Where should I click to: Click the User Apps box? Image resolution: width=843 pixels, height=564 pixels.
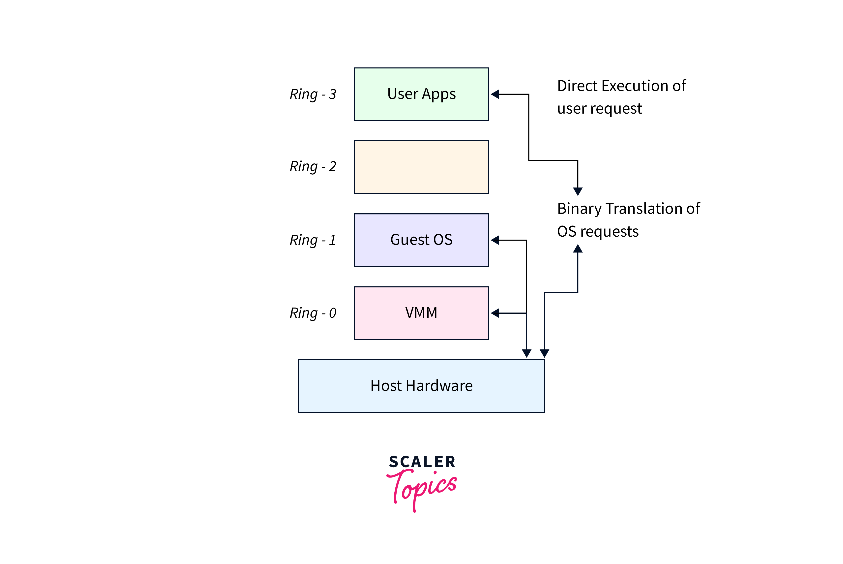(421, 94)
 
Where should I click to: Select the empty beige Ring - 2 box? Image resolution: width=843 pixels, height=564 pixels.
(421, 167)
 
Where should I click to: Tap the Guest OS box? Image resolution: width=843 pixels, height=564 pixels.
(421, 240)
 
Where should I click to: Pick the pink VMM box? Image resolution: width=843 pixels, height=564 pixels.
(421, 313)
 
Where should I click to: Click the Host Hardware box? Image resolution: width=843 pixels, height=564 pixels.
(421, 386)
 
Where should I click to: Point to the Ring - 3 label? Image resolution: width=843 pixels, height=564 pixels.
(313, 94)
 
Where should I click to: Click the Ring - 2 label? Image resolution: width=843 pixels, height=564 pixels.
(313, 166)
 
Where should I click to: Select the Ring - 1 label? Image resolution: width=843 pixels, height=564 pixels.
(313, 240)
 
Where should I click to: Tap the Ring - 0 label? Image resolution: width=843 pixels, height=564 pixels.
(313, 313)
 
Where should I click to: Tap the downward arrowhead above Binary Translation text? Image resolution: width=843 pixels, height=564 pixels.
(578, 191)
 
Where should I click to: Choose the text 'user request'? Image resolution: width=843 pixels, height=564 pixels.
(599, 109)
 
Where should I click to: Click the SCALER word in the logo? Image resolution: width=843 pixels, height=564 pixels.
(422, 462)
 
